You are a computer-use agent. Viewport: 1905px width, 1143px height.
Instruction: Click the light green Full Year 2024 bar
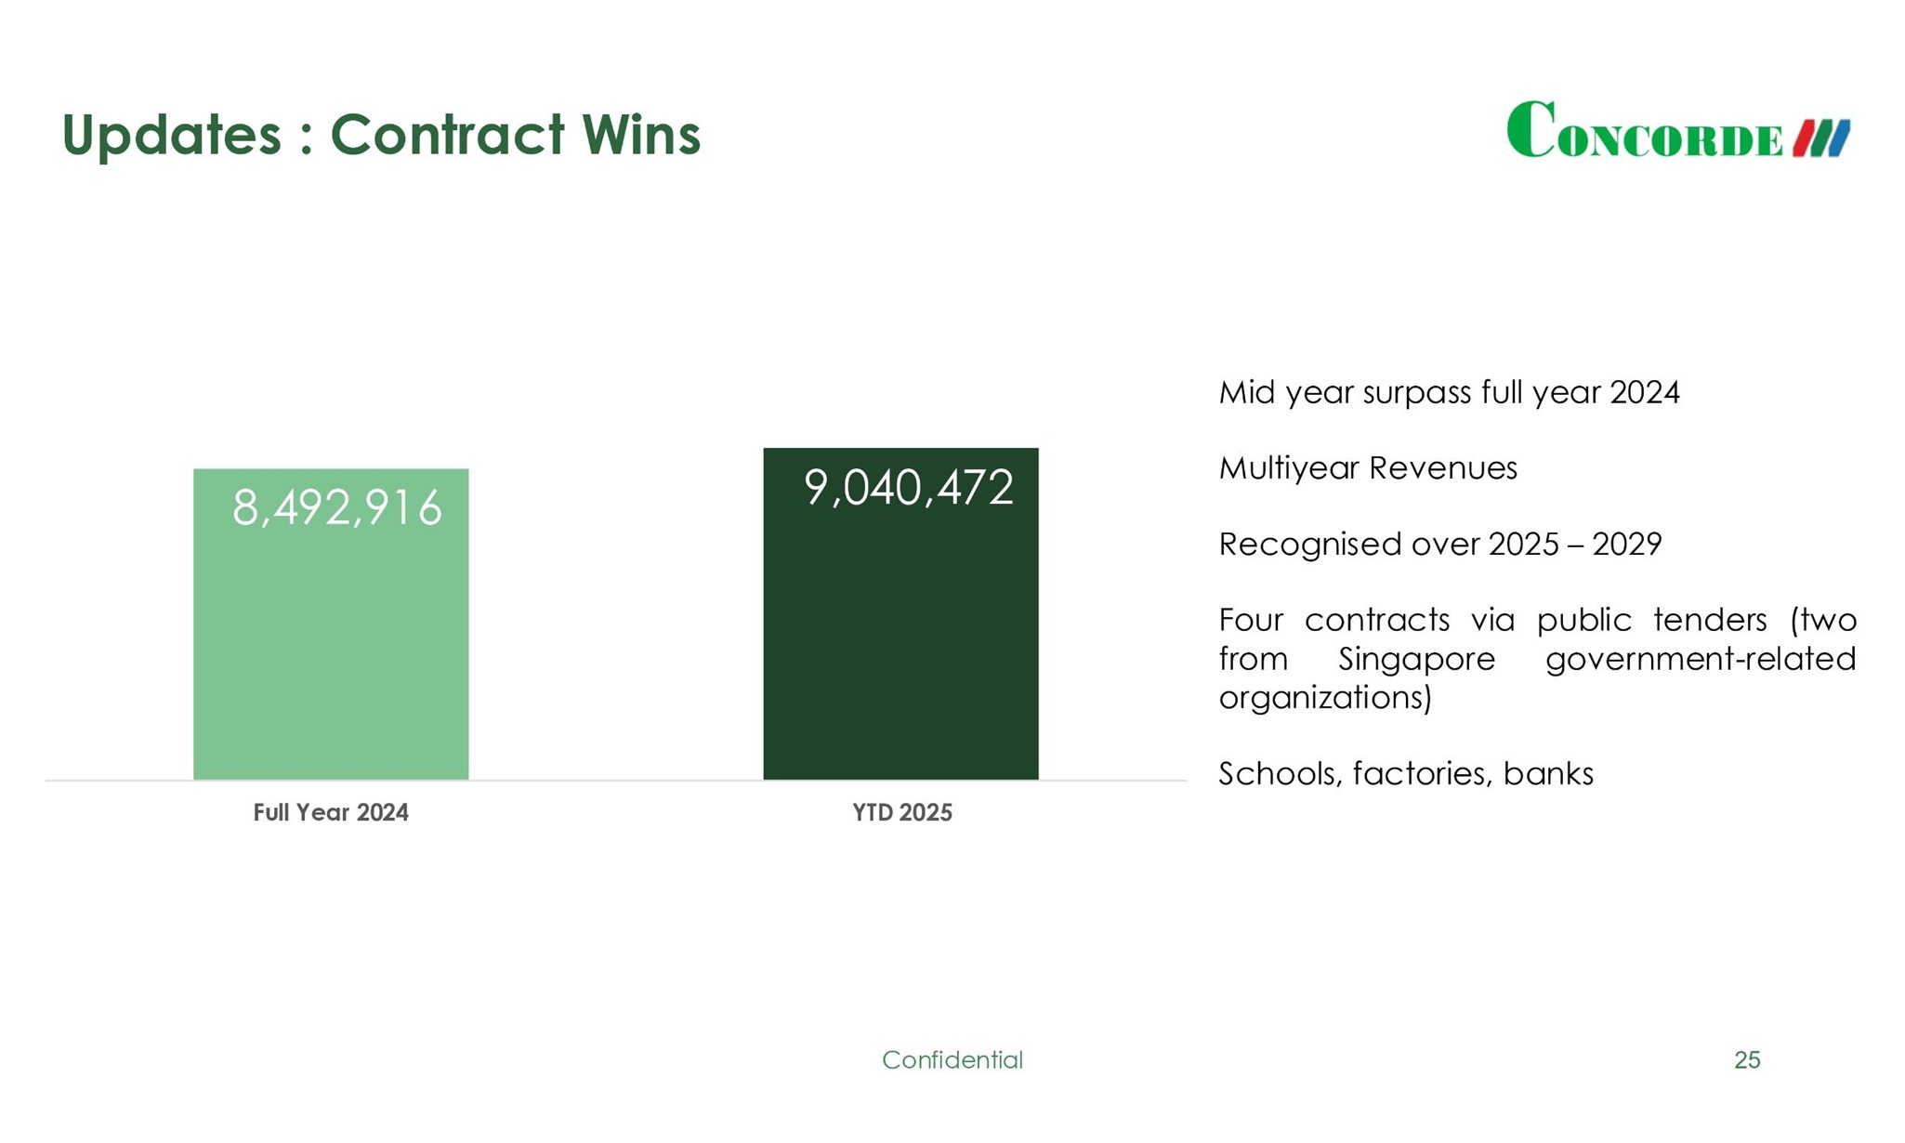click(x=331, y=650)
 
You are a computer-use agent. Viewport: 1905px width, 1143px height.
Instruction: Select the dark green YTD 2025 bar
click(x=900, y=650)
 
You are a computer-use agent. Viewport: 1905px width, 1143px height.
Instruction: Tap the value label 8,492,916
click(x=336, y=508)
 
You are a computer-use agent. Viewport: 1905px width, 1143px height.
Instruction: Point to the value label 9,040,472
click(x=908, y=488)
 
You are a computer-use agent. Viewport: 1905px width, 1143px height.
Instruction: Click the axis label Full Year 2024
click(x=331, y=813)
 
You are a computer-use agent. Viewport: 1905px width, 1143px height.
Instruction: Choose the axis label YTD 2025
click(x=902, y=813)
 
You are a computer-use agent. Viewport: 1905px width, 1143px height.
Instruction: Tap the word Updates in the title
click(x=171, y=135)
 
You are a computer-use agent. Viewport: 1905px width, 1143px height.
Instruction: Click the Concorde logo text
click(x=1645, y=132)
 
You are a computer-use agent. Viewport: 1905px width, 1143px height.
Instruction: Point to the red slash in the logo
click(x=1804, y=138)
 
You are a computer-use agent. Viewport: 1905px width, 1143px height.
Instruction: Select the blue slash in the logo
click(x=1839, y=138)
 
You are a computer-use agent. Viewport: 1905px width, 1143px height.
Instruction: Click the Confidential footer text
click(x=952, y=1060)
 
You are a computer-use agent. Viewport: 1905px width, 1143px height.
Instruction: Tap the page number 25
click(x=1747, y=1060)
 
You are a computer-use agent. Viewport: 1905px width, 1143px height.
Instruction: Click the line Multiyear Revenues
click(x=1368, y=468)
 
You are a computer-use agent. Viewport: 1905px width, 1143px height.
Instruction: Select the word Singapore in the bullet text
click(x=1416, y=659)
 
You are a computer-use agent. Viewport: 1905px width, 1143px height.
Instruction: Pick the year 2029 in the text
click(x=1627, y=545)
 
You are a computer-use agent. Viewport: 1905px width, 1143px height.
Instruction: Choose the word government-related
click(x=1701, y=659)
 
